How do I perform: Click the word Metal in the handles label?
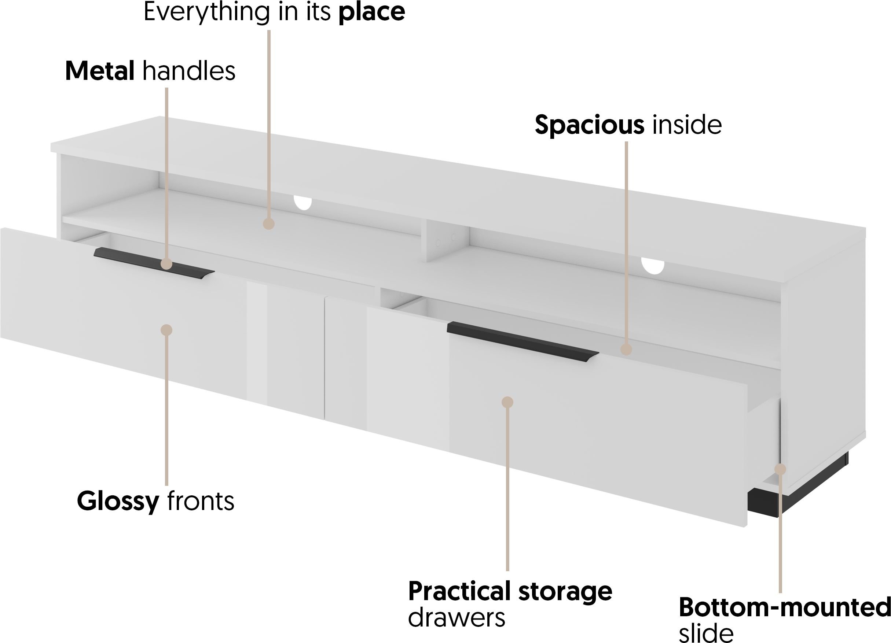100,71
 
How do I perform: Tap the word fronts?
201,501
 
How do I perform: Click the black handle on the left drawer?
154,263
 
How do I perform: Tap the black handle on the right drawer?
523,340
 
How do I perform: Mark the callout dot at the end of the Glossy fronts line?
166,330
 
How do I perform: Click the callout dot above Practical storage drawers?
507,402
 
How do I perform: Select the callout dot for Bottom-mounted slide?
780,469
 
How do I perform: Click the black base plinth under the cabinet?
797,491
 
